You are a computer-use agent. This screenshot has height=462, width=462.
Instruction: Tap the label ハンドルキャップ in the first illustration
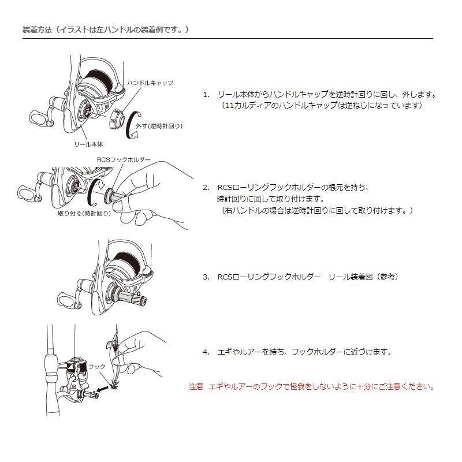click(x=150, y=83)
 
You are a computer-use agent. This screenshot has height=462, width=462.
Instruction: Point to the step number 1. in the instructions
click(x=206, y=94)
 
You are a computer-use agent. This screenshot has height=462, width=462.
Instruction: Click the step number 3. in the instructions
click(x=206, y=277)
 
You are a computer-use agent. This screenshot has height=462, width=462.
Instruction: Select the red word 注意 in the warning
click(x=196, y=386)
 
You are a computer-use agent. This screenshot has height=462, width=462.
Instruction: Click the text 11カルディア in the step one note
click(x=241, y=106)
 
